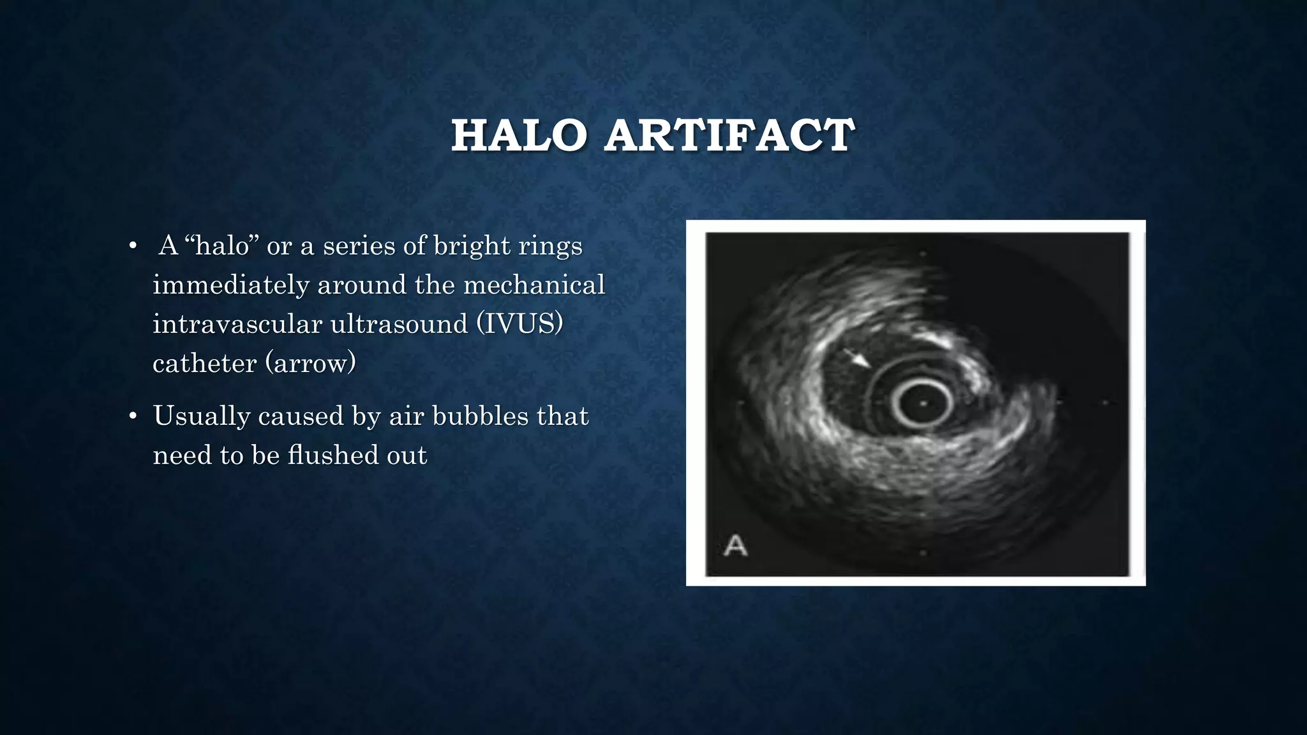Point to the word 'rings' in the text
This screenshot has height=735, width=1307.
550,246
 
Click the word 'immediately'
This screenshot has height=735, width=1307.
230,285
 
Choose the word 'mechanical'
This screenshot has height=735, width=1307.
534,285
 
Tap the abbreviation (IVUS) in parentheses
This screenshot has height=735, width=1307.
519,324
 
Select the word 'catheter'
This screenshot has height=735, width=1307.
204,363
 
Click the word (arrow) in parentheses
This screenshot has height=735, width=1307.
310,363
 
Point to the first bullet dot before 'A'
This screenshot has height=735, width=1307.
133,246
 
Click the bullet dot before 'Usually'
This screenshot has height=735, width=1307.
133,417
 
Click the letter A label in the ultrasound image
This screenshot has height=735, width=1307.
735,546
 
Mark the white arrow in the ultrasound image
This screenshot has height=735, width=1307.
857,358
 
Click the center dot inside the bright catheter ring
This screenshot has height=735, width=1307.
923,403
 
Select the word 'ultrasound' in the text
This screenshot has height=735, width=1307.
391,324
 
